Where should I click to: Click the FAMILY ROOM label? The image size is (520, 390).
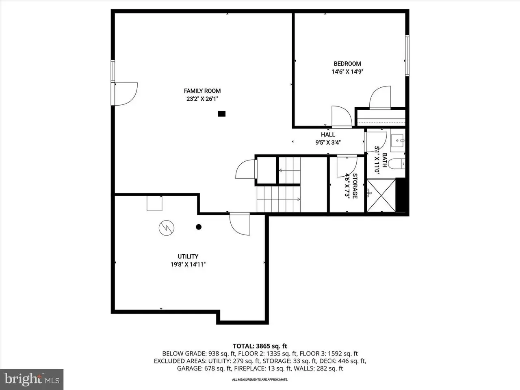pos(202,91)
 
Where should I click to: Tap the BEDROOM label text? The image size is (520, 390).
pos(347,64)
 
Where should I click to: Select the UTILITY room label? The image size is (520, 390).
pos(188,256)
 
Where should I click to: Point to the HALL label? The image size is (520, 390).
pos(328,134)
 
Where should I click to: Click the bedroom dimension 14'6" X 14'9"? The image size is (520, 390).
pos(347,71)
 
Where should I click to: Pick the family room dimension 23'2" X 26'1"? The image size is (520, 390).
pos(202,99)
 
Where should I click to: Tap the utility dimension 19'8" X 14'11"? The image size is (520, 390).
pos(188,264)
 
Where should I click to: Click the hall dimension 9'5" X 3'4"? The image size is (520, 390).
pos(328,142)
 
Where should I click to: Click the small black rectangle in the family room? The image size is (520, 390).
pos(221,114)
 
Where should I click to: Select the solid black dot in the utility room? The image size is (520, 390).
pos(199,227)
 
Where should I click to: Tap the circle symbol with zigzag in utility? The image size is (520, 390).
pos(166,228)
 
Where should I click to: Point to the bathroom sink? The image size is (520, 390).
pos(398,141)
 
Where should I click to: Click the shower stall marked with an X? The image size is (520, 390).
pos(381,195)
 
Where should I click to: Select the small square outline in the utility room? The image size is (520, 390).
pos(154,204)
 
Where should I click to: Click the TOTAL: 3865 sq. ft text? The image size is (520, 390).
pos(260,346)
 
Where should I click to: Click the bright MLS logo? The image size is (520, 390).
pos(32,379)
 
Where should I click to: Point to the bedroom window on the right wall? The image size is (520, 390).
pos(407,56)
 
